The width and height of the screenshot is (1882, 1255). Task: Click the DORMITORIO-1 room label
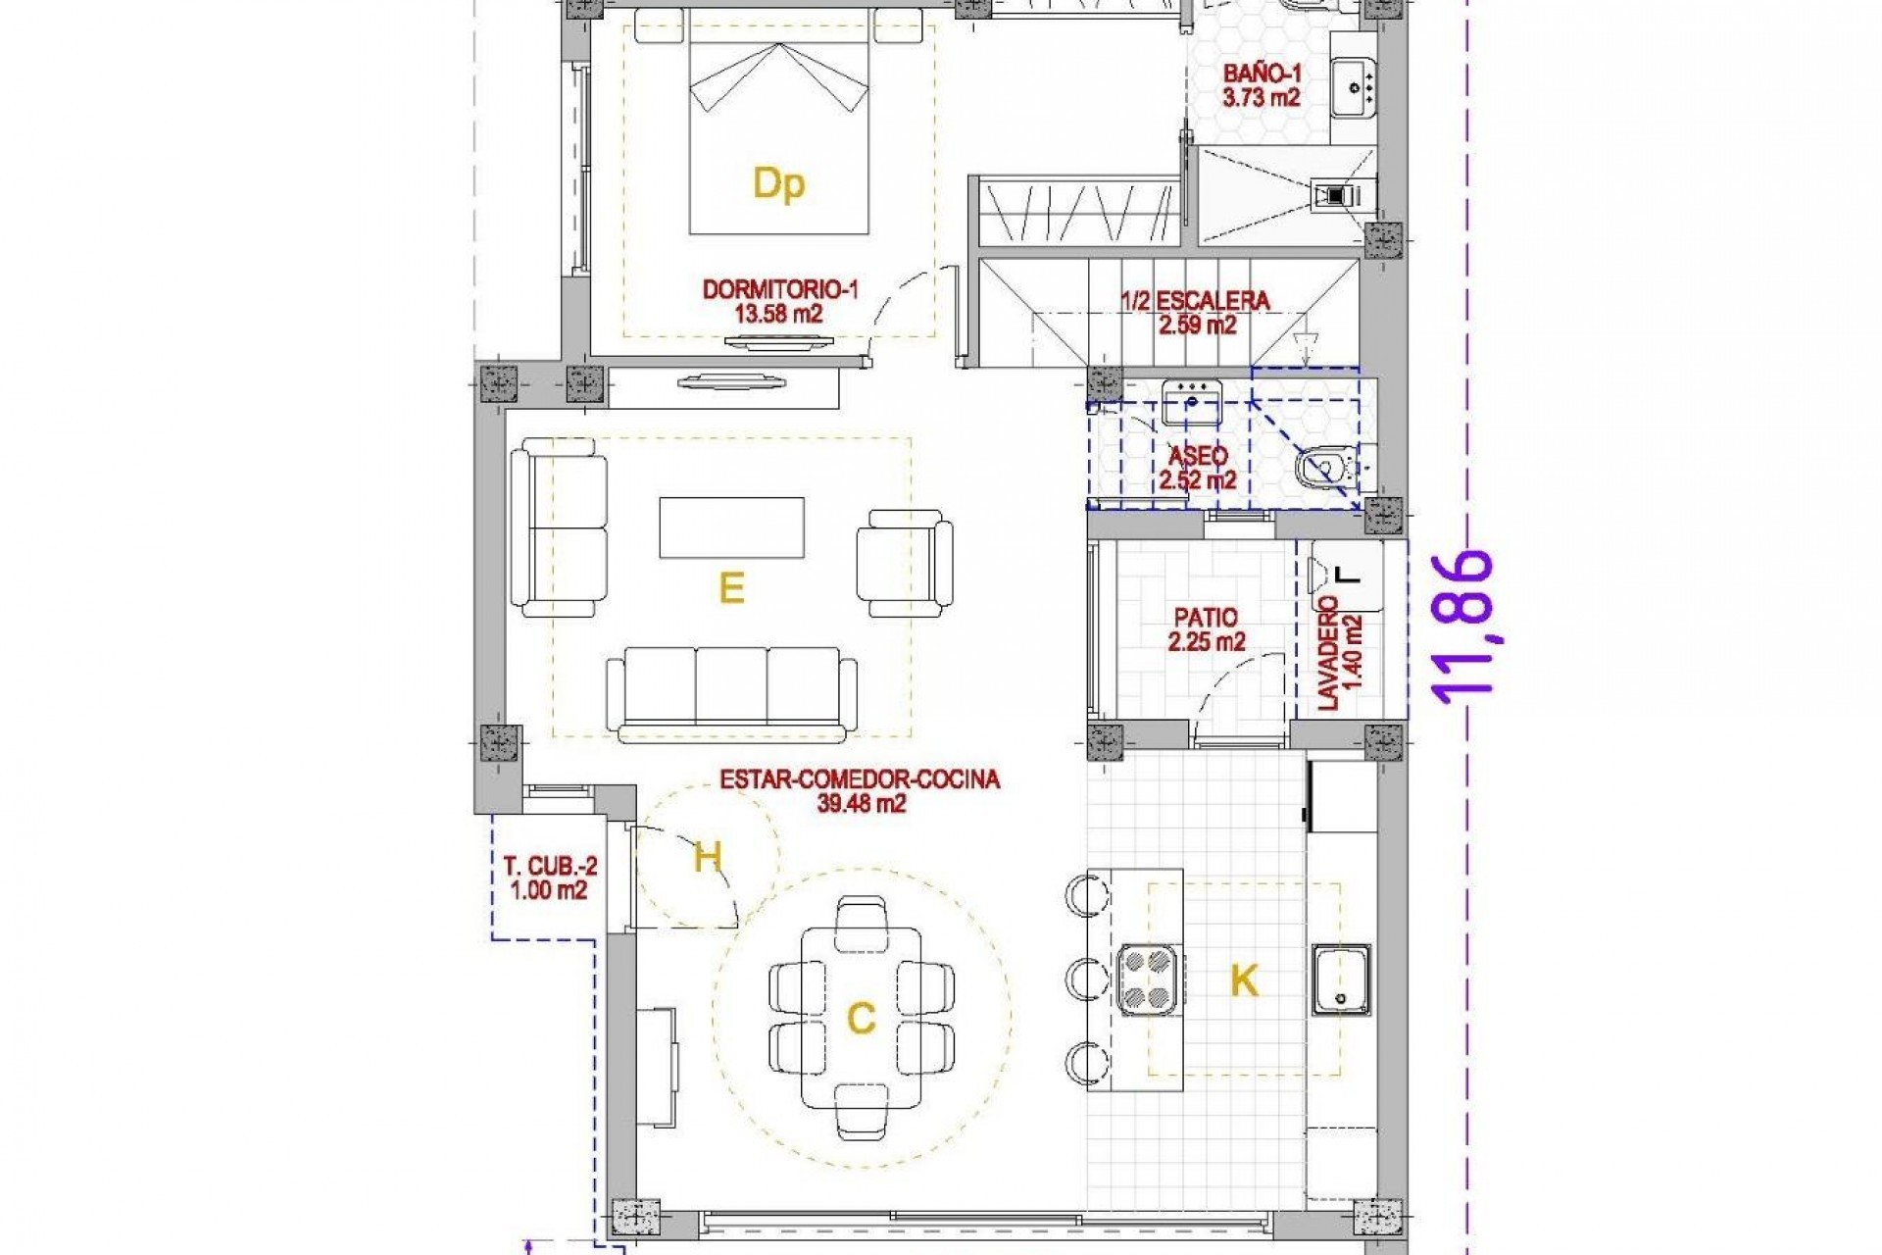779,301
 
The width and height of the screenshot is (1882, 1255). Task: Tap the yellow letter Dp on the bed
778,184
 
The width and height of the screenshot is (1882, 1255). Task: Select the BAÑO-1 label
1261,85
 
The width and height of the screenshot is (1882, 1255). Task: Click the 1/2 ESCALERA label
1196,312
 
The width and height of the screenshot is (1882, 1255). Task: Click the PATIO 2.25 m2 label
1206,629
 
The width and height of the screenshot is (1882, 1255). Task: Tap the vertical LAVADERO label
1340,652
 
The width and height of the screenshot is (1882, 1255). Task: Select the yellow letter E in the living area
731,588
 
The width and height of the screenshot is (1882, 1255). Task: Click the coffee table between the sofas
731,527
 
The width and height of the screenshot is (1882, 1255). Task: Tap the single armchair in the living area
904,562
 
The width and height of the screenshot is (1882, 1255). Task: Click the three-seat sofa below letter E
731,692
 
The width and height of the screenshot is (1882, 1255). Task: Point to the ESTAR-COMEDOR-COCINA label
860,790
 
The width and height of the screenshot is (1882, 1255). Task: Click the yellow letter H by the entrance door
707,858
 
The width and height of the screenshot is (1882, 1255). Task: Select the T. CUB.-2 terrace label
549,878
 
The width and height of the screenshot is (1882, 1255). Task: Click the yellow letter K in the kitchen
1243,980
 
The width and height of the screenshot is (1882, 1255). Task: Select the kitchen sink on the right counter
1341,980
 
